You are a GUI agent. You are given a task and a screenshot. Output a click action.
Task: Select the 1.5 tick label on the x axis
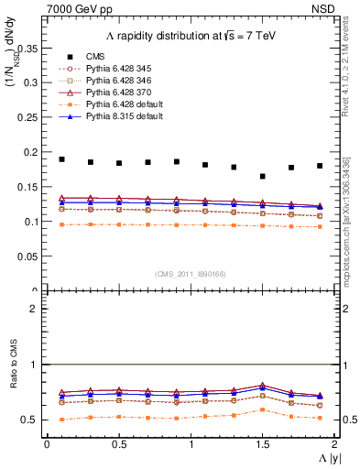click(263, 443)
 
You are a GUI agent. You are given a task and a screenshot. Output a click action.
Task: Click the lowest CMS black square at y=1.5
click(263, 177)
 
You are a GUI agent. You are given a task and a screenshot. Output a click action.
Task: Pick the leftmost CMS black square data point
click(62, 159)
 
